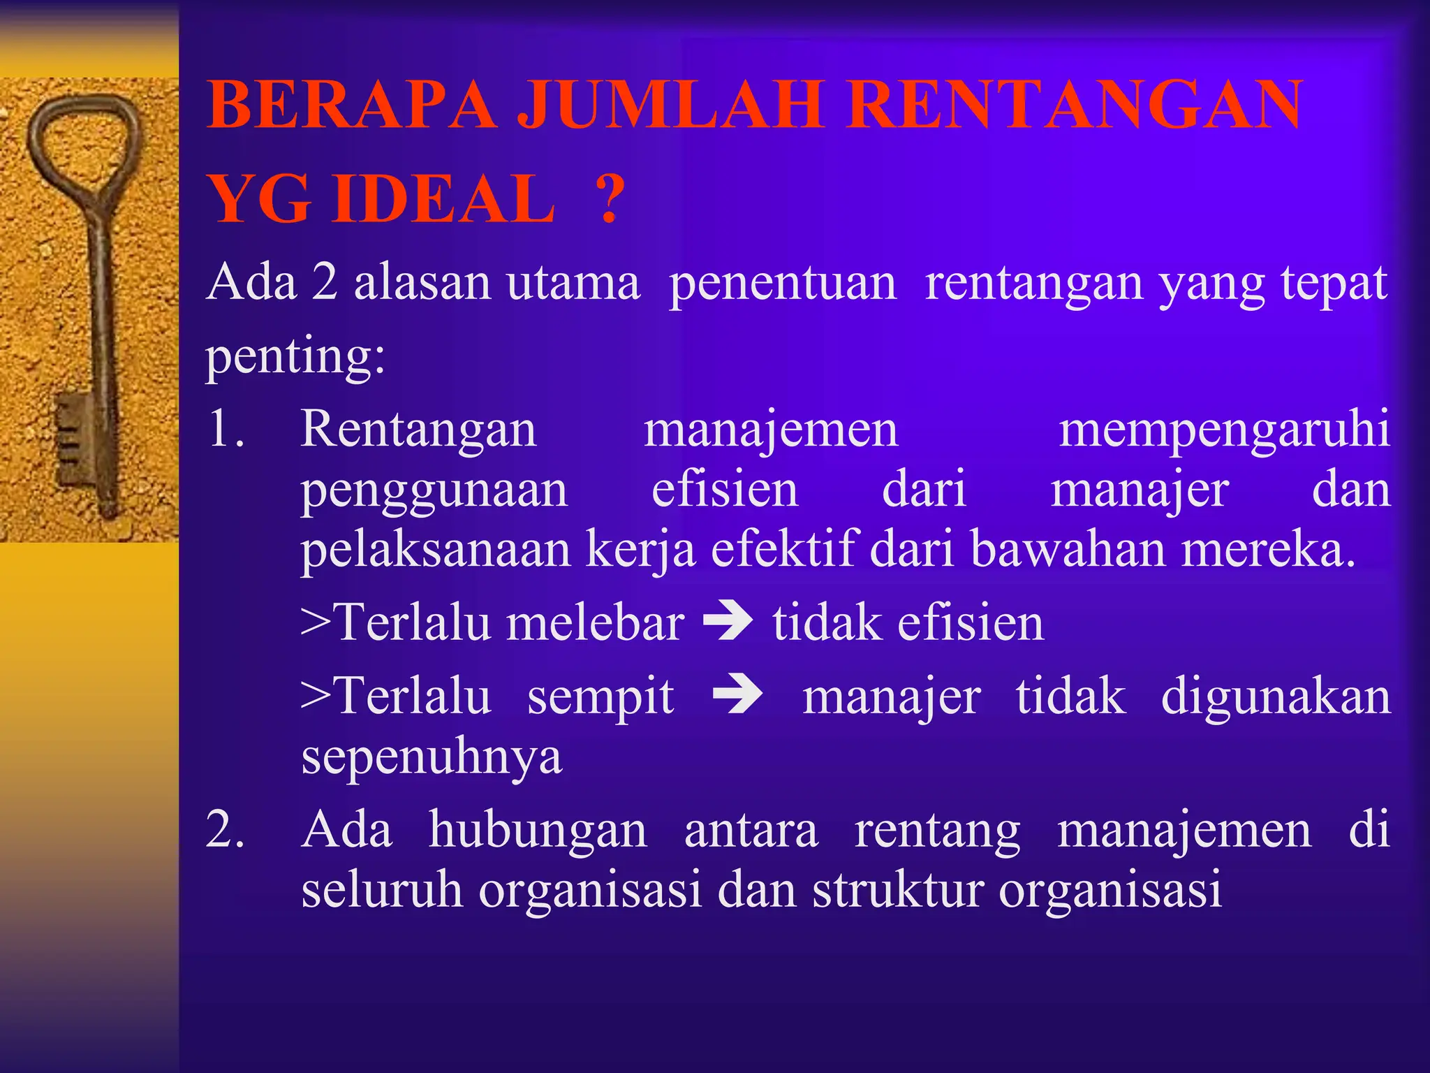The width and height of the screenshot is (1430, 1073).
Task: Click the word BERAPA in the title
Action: tap(353, 106)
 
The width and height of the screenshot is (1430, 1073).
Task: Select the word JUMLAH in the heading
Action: tap(670, 106)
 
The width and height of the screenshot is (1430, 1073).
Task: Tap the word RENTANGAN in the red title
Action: tap(1074, 106)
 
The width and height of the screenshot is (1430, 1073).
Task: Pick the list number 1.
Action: tap(226, 428)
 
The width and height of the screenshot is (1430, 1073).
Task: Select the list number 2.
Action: tap(226, 830)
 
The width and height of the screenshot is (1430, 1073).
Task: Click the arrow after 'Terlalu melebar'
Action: tap(728, 620)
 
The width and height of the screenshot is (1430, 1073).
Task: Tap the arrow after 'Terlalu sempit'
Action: tap(737, 694)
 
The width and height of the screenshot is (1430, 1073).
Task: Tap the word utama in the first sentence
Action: tap(573, 283)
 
